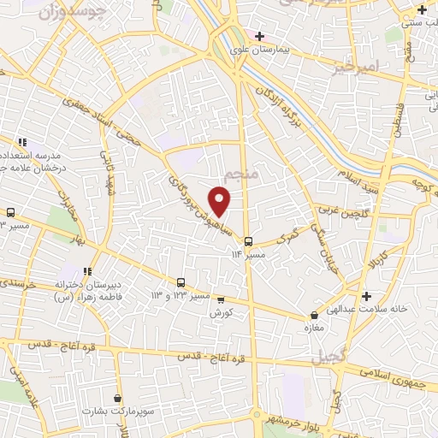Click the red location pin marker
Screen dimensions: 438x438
pos(221,200)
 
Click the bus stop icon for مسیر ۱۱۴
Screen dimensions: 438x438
pos(248,241)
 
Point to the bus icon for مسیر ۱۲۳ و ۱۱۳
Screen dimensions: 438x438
pos(181,281)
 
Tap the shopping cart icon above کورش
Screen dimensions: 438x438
pos(222,299)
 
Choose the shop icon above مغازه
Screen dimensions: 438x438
pos(315,315)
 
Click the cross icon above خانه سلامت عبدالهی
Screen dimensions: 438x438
pos(367,296)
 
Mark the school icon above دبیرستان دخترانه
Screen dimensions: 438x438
pos(87,271)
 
